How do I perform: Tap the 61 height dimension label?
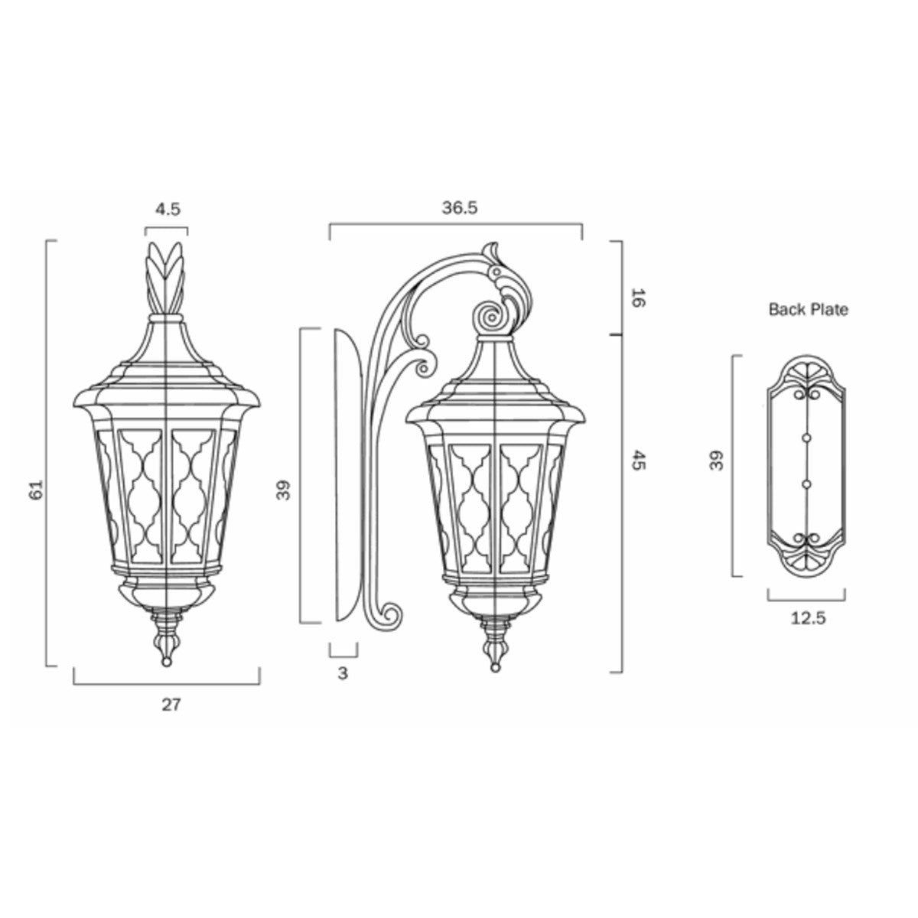[x=34, y=490]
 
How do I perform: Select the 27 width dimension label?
[x=171, y=705]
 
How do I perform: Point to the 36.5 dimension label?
[x=459, y=207]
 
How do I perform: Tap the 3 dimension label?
[x=343, y=674]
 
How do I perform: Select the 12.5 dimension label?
[x=808, y=619]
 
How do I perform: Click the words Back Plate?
[x=808, y=310]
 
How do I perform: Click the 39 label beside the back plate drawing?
[x=718, y=461]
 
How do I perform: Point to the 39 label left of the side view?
[x=285, y=490]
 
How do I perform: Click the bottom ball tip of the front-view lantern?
[x=166, y=662]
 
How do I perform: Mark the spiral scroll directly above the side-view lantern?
[x=486, y=315]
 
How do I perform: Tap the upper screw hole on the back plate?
[x=806, y=437]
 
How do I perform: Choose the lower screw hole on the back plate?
[x=806, y=484]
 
